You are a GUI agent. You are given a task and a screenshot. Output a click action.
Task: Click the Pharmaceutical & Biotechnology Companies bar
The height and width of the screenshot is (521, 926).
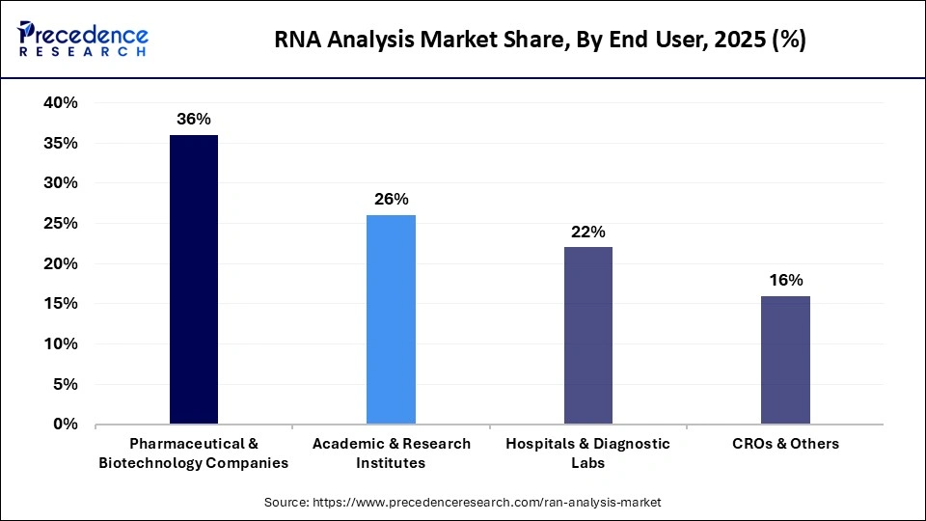[x=193, y=280]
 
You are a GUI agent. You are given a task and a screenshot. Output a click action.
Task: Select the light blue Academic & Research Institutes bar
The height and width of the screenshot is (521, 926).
[x=391, y=319]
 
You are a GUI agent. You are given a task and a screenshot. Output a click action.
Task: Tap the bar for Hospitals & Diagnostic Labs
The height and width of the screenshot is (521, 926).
[x=588, y=336]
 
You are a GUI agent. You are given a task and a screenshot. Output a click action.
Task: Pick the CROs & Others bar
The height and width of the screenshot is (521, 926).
[x=785, y=360]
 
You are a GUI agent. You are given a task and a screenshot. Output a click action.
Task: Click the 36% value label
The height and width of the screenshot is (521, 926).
[x=193, y=120]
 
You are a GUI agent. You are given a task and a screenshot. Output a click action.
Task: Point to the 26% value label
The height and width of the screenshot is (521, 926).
[x=391, y=200]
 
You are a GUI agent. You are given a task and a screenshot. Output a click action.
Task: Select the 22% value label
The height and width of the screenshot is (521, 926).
[x=588, y=232]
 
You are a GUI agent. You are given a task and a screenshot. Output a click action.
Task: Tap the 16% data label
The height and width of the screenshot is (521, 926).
[x=785, y=280]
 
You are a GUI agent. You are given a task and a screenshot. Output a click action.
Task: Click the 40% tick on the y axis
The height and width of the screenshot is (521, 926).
[x=60, y=103]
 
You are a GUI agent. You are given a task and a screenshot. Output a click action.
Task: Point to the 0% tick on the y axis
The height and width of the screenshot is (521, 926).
[x=66, y=425]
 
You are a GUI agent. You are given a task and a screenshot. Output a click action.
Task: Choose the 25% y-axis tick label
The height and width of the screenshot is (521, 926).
[x=60, y=224]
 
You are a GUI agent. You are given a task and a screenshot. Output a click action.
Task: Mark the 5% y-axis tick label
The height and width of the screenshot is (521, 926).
[x=66, y=384]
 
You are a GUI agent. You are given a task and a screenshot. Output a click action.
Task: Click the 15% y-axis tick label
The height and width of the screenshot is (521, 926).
[x=60, y=304]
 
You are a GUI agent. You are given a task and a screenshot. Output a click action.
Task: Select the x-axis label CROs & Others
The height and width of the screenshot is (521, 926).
[x=785, y=444]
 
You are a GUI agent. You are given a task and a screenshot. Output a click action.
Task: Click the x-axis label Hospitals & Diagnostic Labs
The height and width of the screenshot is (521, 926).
[x=588, y=452]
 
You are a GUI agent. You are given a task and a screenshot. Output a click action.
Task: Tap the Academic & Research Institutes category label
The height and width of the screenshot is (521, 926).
[x=391, y=452]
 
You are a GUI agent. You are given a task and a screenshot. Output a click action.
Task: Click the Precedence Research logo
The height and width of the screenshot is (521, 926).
[x=83, y=40]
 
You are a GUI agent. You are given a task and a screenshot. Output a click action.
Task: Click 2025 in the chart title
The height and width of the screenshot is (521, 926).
[x=740, y=40]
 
